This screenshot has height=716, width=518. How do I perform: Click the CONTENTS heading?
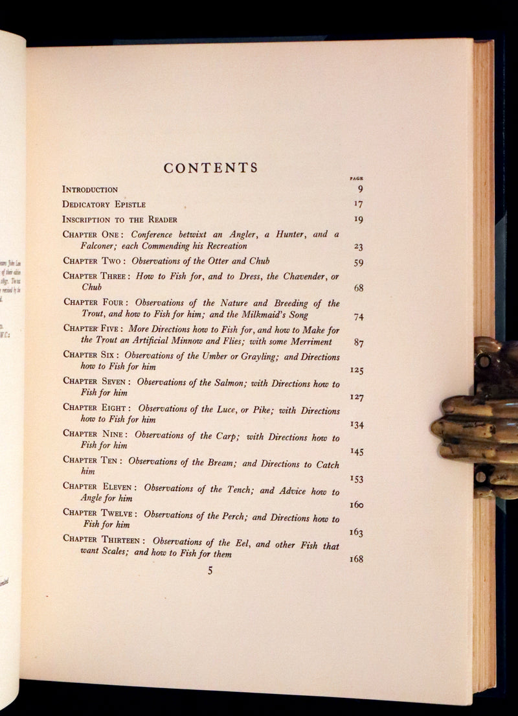(x=210, y=168)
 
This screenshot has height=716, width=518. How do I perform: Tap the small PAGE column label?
(x=356, y=178)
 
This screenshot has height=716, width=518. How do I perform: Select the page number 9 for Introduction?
(x=359, y=189)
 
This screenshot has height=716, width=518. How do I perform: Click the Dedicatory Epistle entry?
(x=104, y=204)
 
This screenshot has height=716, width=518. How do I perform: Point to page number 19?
(x=358, y=219)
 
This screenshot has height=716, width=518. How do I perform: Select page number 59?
(x=358, y=262)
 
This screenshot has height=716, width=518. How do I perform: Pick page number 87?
(x=359, y=342)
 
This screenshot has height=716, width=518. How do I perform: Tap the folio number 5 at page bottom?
(x=210, y=571)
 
